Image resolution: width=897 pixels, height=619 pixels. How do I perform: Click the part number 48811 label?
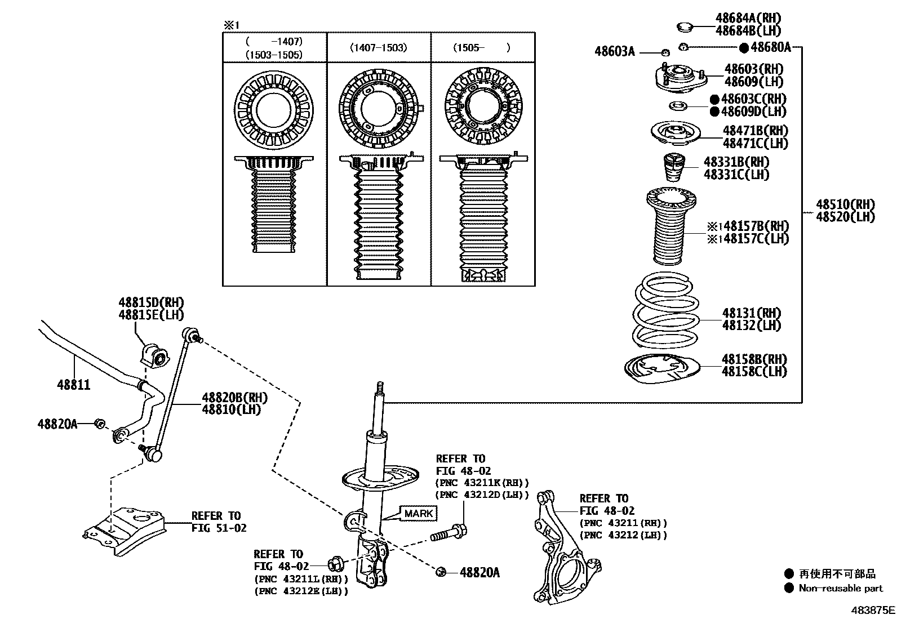click(x=73, y=385)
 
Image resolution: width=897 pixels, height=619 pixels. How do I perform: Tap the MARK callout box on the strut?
click(x=419, y=513)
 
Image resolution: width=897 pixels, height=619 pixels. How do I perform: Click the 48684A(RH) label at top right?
click(x=748, y=19)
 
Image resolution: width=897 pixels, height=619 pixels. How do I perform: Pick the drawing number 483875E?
click(x=873, y=609)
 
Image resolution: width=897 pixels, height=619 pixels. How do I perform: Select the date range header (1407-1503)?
click(x=378, y=48)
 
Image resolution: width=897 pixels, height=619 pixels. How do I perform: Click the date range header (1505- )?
click(x=482, y=48)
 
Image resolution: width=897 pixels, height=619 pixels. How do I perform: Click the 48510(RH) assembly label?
click(x=845, y=204)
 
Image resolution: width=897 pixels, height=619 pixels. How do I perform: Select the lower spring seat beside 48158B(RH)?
click(x=661, y=369)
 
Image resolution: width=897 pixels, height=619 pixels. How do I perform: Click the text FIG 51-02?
click(x=219, y=528)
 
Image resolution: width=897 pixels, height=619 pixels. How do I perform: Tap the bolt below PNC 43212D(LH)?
click(x=448, y=533)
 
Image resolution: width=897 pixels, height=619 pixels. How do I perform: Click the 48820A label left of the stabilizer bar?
click(x=57, y=424)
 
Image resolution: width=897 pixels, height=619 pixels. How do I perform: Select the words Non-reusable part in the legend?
click(x=841, y=588)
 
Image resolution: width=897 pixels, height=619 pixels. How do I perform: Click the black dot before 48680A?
click(x=744, y=48)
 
